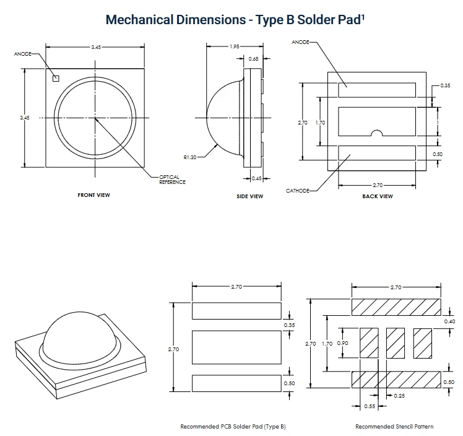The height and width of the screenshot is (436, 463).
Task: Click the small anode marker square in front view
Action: click(56, 78)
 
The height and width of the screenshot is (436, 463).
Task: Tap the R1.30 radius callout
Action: click(190, 157)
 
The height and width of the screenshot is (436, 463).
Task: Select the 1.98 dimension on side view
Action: click(235, 46)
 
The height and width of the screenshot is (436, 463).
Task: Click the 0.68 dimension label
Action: click(253, 59)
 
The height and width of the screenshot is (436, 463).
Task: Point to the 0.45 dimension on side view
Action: click(257, 178)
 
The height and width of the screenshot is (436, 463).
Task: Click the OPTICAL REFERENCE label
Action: click(173, 180)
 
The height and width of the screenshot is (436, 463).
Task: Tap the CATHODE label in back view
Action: click(298, 191)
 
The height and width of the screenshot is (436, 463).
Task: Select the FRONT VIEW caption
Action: click(93, 195)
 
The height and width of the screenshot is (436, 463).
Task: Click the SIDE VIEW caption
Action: click(250, 196)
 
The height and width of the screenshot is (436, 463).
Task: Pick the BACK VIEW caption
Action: click(378, 196)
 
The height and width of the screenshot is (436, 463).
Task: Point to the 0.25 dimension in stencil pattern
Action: click(399, 396)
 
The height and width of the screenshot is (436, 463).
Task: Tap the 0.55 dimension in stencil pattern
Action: click(370, 406)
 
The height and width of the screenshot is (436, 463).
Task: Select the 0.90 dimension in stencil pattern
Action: click(342, 343)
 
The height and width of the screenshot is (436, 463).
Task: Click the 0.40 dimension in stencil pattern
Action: click(450, 321)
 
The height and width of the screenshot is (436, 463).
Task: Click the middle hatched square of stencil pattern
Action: click(396, 343)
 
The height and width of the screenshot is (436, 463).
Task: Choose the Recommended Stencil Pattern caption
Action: click(394, 427)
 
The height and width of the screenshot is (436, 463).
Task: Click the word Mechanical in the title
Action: click(140, 20)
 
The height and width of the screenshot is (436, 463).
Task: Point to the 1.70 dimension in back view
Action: click(321, 122)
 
